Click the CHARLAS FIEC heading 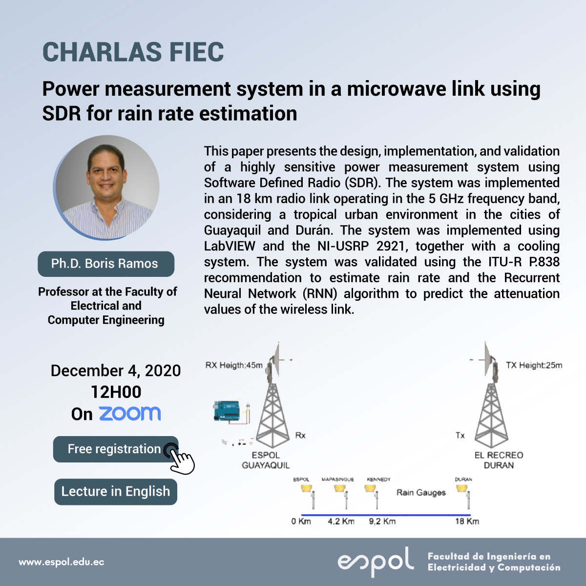point(133,52)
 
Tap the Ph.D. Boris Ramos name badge point(106,264)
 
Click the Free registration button point(116,449)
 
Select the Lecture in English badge point(116,492)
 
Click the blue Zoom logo point(130,414)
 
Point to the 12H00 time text point(116,392)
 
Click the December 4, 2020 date point(116,371)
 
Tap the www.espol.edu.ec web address point(62,562)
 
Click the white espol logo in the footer point(376,562)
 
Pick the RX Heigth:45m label point(234,365)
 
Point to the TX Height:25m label point(534,365)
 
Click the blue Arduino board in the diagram point(227,411)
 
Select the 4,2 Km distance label point(341,522)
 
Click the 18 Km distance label point(467,522)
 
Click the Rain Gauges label point(421,493)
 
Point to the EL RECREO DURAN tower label point(499,460)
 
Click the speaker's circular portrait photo point(106,188)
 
